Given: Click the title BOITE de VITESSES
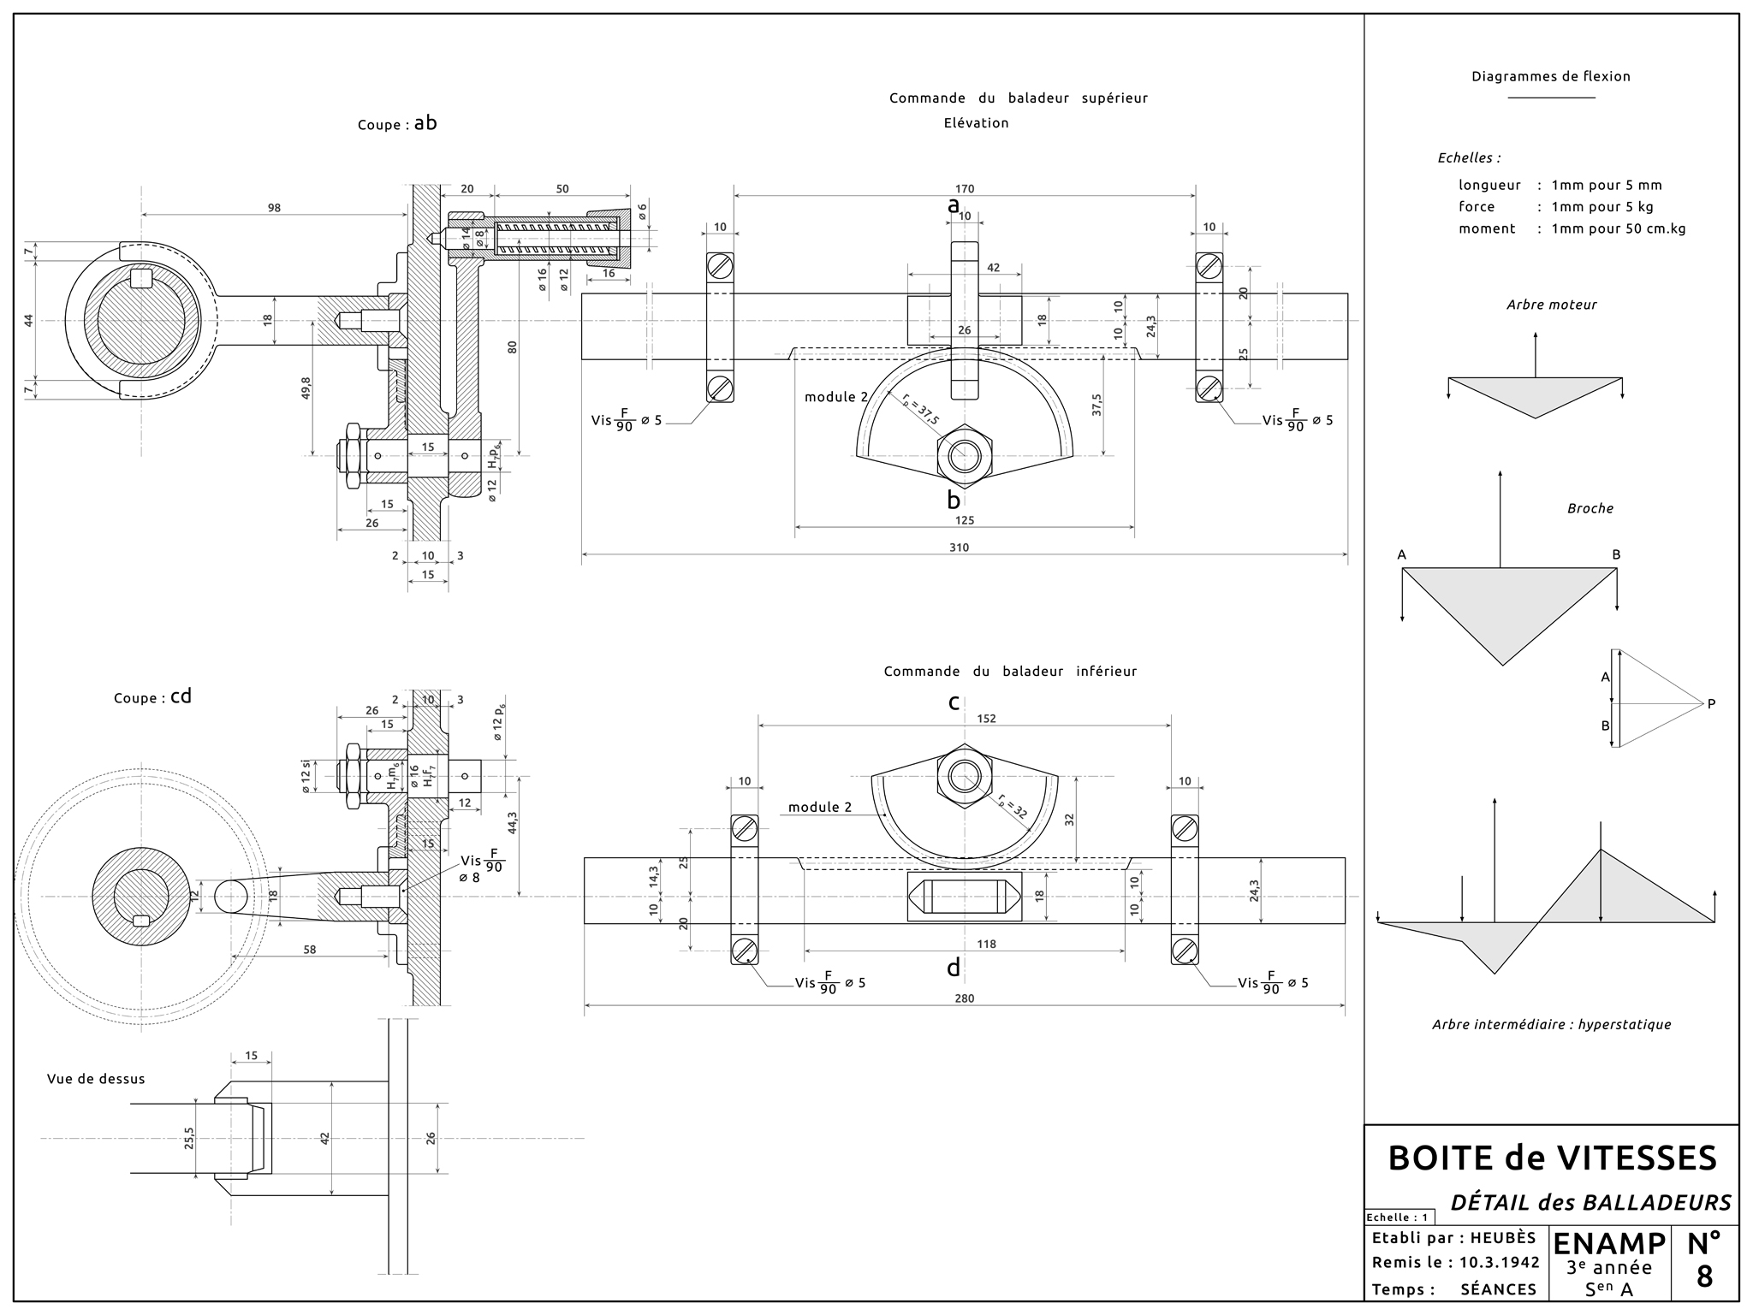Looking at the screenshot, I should pyautogui.click(x=1552, y=1158).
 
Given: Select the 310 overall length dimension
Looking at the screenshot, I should pyautogui.click(x=959, y=548).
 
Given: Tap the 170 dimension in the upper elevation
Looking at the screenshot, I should pyautogui.click(x=965, y=189).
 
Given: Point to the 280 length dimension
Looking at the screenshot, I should pyautogui.click(x=964, y=998).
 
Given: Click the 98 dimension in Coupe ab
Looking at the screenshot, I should pyautogui.click(x=274, y=208).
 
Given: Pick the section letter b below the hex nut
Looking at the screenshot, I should pyautogui.click(x=954, y=501).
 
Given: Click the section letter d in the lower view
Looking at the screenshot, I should pyautogui.click(x=954, y=968).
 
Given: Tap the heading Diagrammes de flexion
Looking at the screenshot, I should pyautogui.click(x=1551, y=76).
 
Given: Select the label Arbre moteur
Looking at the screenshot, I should pyautogui.click(x=1551, y=305).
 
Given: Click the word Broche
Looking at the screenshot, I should pyautogui.click(x=1590, y=508).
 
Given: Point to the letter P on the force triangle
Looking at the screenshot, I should pyautogui.click(x=1711, y=704).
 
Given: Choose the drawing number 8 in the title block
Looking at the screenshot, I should pyautogui.click(x=1704, y=1276).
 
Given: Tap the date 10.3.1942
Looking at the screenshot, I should pyautogui.click(x=1499, y=1263).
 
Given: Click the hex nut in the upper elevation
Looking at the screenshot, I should pyautogui.click(x=966, y=454).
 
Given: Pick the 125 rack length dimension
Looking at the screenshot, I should pyautogui.click(x=965, y=520).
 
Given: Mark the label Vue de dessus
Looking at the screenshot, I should pyautogui.click(x=96, y=1079).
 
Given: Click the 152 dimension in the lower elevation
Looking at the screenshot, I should pyautogui.click(x=986, y=719).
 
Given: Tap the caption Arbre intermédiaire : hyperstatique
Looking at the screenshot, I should pyautogui.click(x=1551, y=1024).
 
